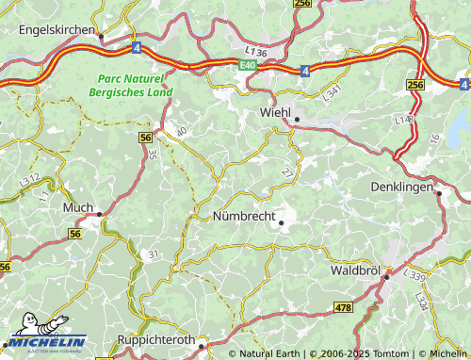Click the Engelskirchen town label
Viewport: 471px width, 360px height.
[57, 30]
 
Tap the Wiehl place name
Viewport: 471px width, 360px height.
[275, 111]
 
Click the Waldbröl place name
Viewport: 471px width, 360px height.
[355, 270]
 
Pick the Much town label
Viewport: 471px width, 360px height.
[76, 206]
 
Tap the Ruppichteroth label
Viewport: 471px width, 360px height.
[155, 339]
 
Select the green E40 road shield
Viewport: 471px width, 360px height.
[246, 63]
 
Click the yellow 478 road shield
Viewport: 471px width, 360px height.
[343, 308]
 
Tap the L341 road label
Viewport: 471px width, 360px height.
[333, 92]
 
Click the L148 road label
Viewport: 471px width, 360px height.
[404, 120]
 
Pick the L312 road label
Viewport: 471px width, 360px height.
[29, 178]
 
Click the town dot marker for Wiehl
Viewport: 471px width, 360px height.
[296, 120]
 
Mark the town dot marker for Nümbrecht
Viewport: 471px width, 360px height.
[281, 222]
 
